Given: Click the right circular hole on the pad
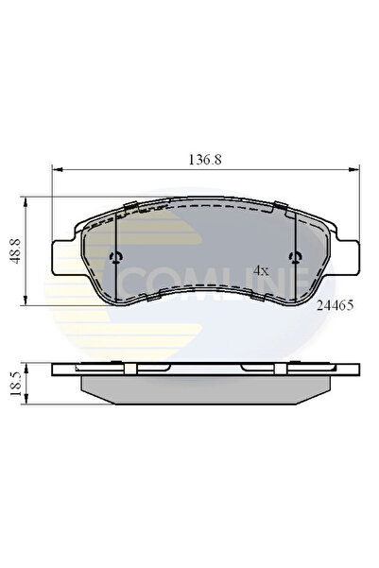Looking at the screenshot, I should (297, 258).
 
